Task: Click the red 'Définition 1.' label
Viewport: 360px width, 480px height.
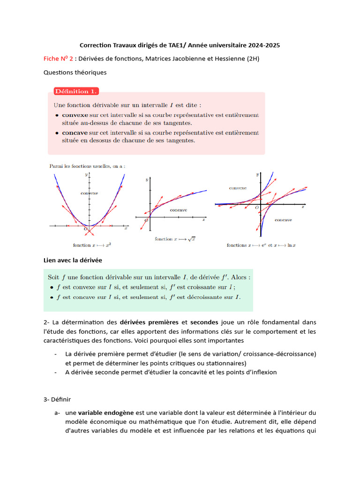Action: pos(75,91)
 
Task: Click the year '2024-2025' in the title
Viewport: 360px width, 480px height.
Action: pos(264,45)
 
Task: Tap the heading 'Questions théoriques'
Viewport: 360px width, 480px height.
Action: pos(75,72)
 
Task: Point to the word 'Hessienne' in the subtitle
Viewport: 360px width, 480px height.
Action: pos(229,59)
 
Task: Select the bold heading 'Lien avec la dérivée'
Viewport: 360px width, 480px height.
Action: pos(73,260)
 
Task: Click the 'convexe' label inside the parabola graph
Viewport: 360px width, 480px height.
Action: pos(89,193)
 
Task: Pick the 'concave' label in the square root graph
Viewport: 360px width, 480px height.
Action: pos(178,210)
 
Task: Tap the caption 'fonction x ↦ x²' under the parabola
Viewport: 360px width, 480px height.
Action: pos(92,245)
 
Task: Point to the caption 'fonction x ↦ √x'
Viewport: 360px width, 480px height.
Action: pos(175,239)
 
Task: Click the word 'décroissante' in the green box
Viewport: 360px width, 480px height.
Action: pos(207,297)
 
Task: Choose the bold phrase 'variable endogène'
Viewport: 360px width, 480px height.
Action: pos(106,413)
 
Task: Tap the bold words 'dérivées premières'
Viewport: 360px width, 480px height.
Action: pos(149,322)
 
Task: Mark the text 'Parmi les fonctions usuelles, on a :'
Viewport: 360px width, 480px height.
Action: pos(87,166)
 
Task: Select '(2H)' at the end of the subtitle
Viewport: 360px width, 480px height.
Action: pos(253,59)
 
